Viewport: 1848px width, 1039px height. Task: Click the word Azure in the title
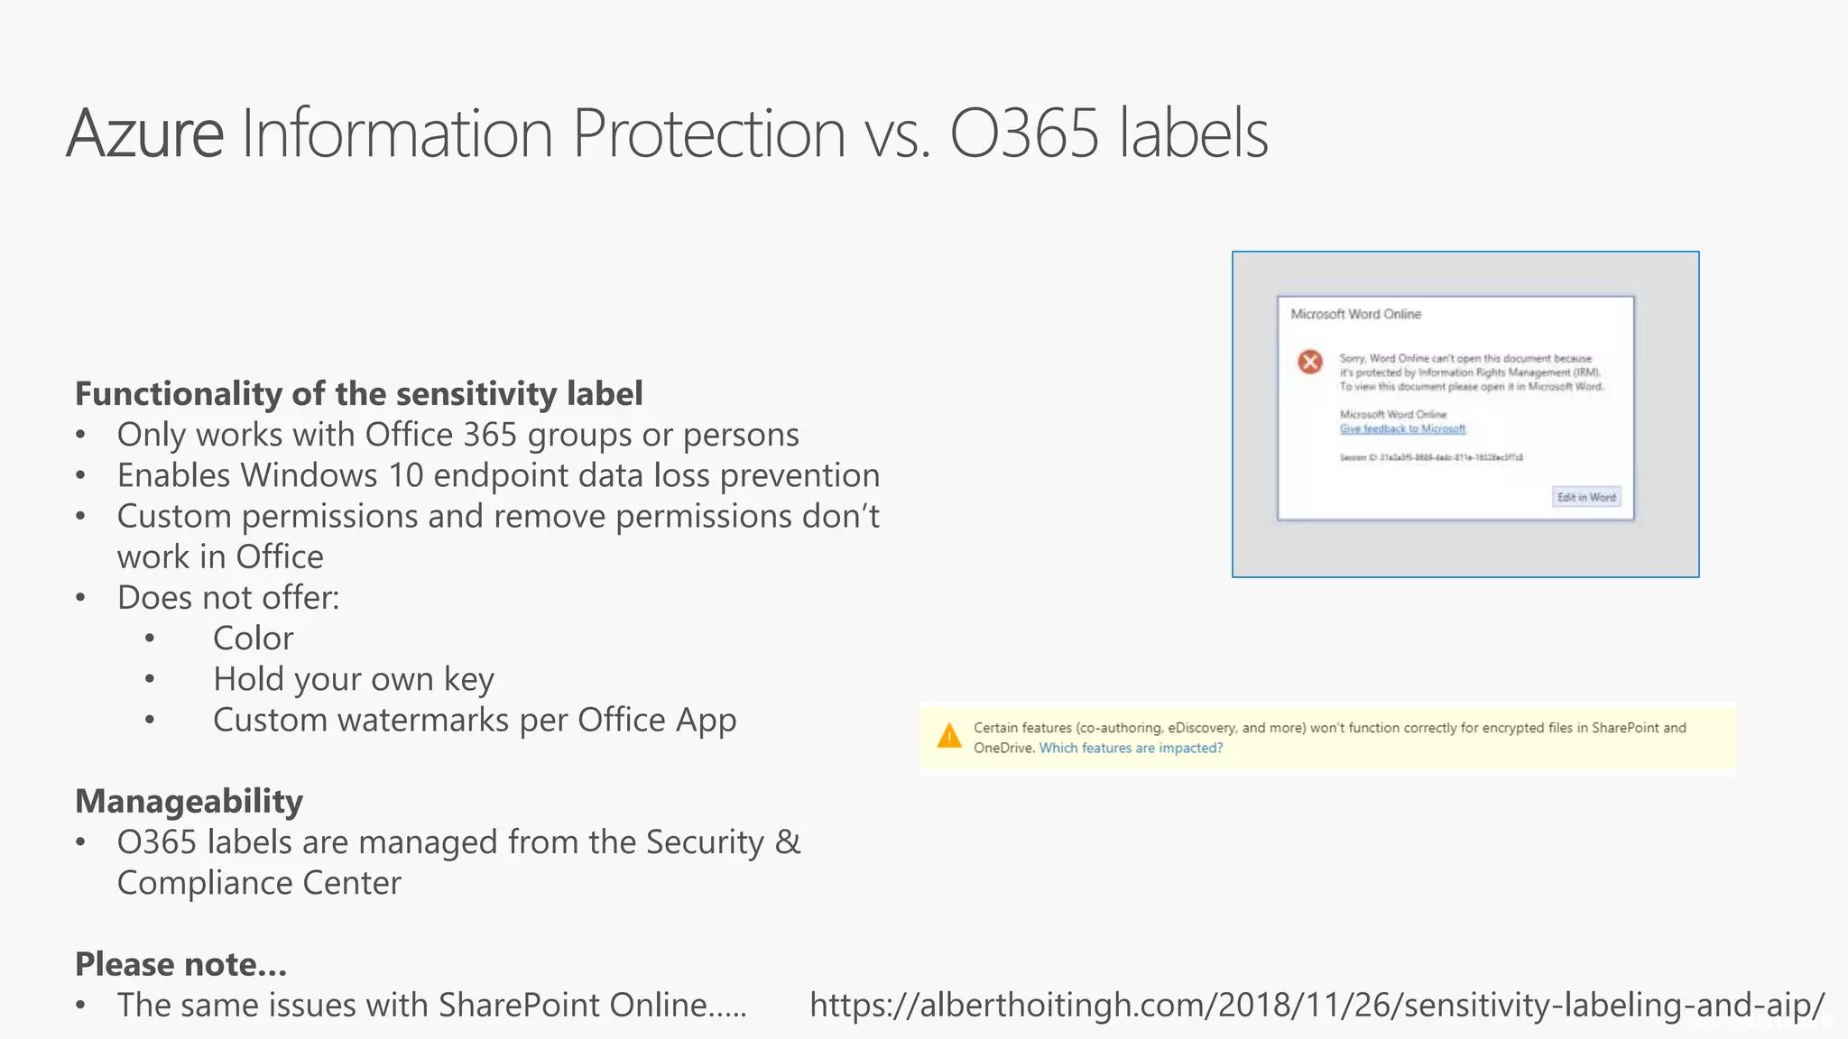[x=144, y=133]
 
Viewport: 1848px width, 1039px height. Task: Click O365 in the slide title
[x=1024, y=133]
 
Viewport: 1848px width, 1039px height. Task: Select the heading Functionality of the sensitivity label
[x=358, y=393]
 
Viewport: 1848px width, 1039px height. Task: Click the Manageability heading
[x=189, y=801]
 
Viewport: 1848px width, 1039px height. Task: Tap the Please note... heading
[x=180, y=964]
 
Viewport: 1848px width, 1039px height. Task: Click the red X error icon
[x=1310, y=362]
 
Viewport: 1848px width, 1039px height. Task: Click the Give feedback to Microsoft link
[x=1402, y=428]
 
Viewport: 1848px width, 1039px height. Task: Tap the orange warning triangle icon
[x=949, y=736]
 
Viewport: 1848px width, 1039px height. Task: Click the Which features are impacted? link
[x=1131, y=748]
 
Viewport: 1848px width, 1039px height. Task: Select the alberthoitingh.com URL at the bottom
[x=1317, y=1005]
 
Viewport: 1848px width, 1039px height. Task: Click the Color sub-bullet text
[x=253, y=639]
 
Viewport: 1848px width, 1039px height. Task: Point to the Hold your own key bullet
[x=353, y=679]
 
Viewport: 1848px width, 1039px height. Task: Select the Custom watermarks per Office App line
[x=474, y=720]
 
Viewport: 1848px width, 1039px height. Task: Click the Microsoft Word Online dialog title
[x=1355, y=314]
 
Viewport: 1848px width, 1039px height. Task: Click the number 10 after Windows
[x=405, y=475]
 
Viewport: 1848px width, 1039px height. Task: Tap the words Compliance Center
[x=259, y=883]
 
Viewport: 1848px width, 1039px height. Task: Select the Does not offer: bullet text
[x=228, y=598]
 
